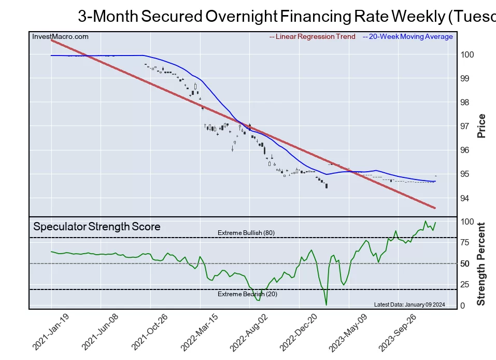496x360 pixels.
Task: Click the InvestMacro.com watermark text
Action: pos(60,37)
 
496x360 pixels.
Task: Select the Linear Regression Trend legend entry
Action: pos(313,37)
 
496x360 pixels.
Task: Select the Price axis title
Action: pos(481,126)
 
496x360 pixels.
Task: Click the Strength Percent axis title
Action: pos(481,264)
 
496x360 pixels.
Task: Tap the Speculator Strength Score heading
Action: pos(96,227)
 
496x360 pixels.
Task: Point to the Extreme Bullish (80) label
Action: pos(246,233)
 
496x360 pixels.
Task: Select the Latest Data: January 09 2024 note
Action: pos(409,304)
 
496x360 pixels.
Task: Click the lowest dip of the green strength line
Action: pos(326,304)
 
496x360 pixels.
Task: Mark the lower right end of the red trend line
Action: pos(434,208)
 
